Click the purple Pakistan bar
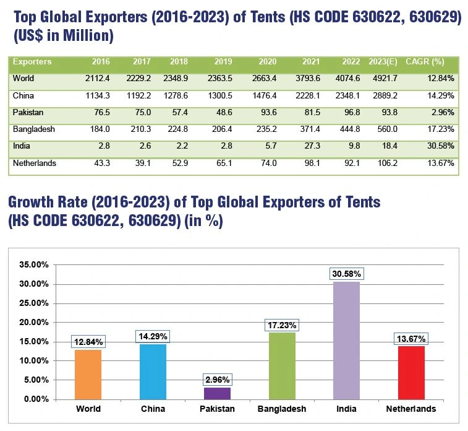pos(216,393)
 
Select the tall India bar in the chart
pos(346,340)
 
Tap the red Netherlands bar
pos(411,372)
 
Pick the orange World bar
pos(88,374)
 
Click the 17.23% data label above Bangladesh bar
pos(282,325)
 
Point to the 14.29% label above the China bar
pos(152,336)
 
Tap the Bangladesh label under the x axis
pos(281,409)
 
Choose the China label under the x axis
pos(152,409)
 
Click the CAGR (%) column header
pos(425,62)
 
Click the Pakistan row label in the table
pos(27,113)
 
